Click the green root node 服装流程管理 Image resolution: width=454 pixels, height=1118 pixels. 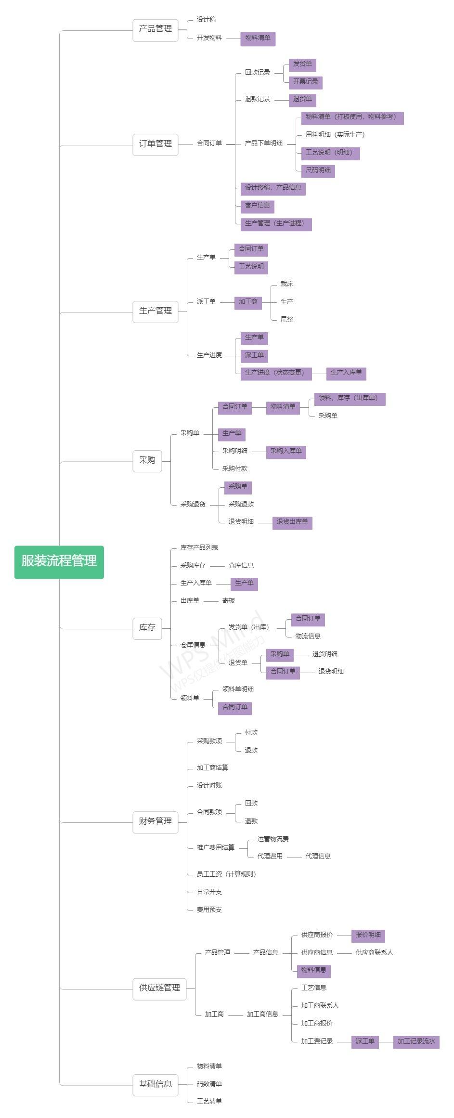tap(59, 561)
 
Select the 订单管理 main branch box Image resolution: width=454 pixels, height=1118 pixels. tap(156, 144)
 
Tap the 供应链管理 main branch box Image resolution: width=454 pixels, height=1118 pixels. tap(159, 988)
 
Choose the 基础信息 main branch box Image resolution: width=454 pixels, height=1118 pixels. tap(156, 1084)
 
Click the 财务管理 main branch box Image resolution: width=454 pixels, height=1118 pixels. tap(156, 821)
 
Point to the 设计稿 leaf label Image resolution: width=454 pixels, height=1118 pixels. tap(206, 20)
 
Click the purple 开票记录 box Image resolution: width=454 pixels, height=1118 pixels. tap(305, 82)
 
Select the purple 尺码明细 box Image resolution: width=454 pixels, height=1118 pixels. tap(318, 170)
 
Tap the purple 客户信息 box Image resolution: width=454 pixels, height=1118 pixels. tap(257, 206)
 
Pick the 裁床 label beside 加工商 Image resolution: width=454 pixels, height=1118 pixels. tap(287, 284)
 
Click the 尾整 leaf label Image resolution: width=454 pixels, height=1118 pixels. tap(287, 319)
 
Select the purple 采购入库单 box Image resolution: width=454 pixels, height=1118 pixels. tap(286, 452)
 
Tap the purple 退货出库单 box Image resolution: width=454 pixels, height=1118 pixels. tap(292, 522)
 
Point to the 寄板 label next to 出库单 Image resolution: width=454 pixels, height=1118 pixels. tap(229, 601)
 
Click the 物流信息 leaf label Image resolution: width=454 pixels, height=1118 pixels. tap(308, 636)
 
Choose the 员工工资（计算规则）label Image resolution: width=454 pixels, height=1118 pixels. tap(226, 874)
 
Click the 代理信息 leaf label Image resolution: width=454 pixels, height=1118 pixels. tap(318, 856)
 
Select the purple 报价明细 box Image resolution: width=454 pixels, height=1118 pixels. tap(368, 935)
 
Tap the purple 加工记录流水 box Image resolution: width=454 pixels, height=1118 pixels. tap(416, 1041)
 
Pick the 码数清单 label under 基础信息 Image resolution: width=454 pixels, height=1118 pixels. tap(209, 1084)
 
